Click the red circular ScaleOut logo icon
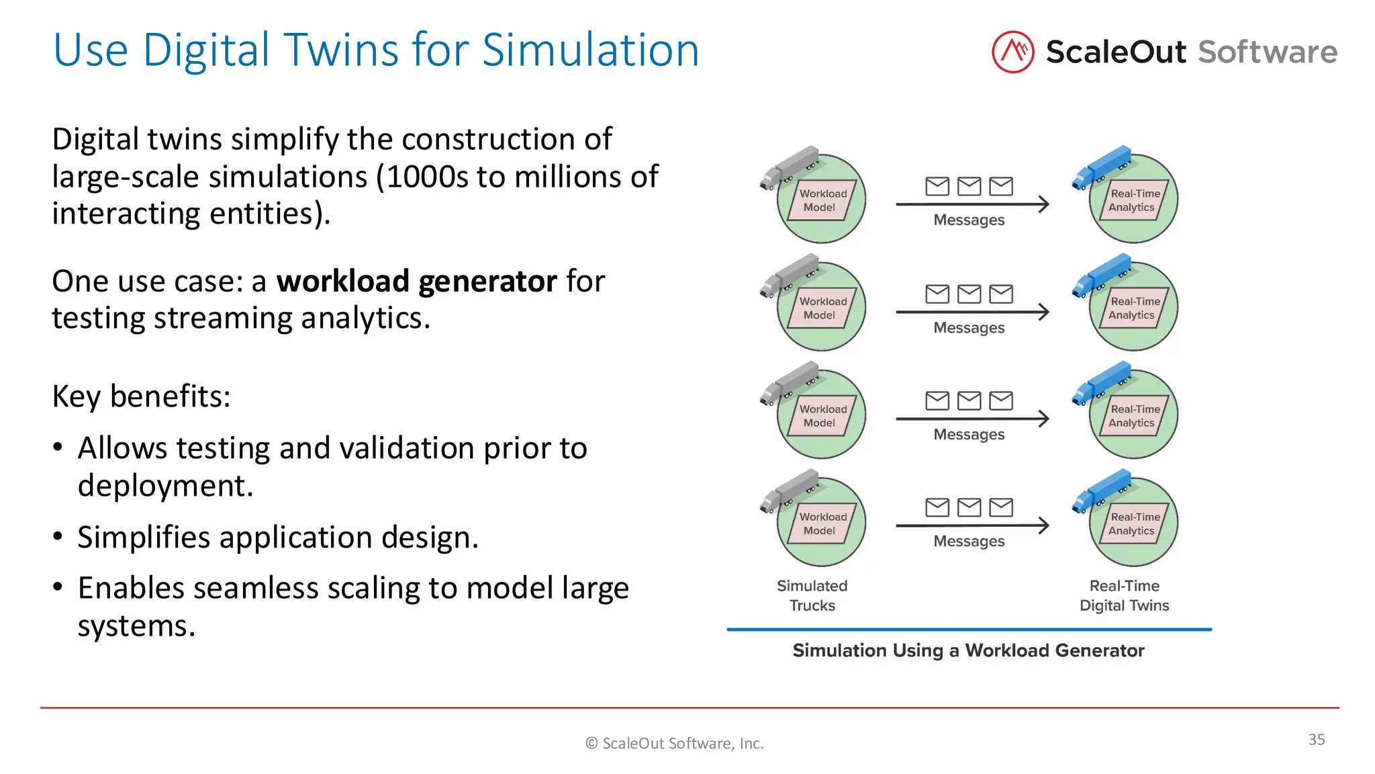[1012, 52]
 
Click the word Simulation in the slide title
[590, 50]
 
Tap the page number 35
[1316, 739]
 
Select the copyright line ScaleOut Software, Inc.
[675, 743]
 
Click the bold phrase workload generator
[416, 281]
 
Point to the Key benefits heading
[141, 396]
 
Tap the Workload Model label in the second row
[821, 308]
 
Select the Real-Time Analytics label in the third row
[1133, 416]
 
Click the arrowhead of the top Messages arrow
[1043, 204]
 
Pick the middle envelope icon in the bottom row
[969, 507]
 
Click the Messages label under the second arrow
[969, 328]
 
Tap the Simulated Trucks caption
[812, 595]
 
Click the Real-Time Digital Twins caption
[1124, 595]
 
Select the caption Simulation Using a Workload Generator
[968, 650]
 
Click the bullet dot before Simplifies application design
[58, 537]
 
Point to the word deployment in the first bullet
[164, 486]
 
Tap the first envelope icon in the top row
[937, 186]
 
